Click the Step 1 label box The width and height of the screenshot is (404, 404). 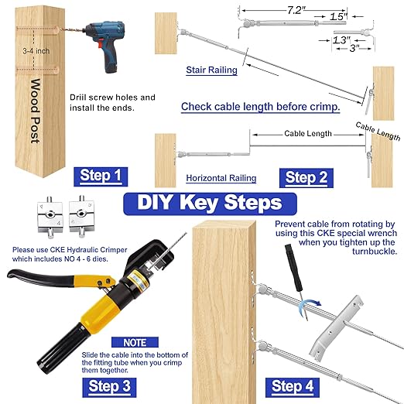pyautogui.click(x=101, y=176)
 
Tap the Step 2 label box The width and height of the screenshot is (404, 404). pyautogui.click(x=300, y=176)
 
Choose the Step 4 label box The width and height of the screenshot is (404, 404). pyautogui.click(x=292, y=385)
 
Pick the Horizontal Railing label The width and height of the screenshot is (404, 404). pyautogui.click(x=221, y=178)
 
